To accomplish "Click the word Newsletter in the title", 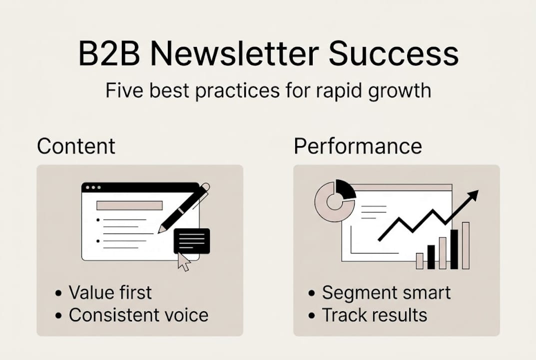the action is [234, 53].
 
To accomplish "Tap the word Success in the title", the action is [394, 53].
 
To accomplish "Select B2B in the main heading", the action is [109, 53].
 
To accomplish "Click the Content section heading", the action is [76, 146].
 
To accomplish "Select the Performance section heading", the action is [358, 146].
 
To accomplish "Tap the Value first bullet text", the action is [110, 292].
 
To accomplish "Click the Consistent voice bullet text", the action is [138, 315].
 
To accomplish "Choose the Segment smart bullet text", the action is [386, 293].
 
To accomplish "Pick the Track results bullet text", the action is [374, 315].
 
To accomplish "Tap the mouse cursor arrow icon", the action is [184, 262].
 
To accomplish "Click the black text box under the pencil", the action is [192, 241].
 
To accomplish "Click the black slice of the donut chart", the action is [346, 189].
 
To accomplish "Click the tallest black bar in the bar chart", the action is [454, 249].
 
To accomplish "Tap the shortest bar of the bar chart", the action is [420, 261].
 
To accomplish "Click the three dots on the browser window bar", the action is [93, 187].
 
